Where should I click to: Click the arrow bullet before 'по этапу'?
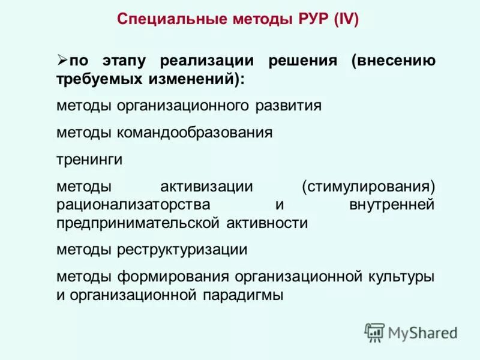tap(62, 60)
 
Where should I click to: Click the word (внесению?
tap(394, 62)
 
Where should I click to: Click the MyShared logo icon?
tap(375, 332)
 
